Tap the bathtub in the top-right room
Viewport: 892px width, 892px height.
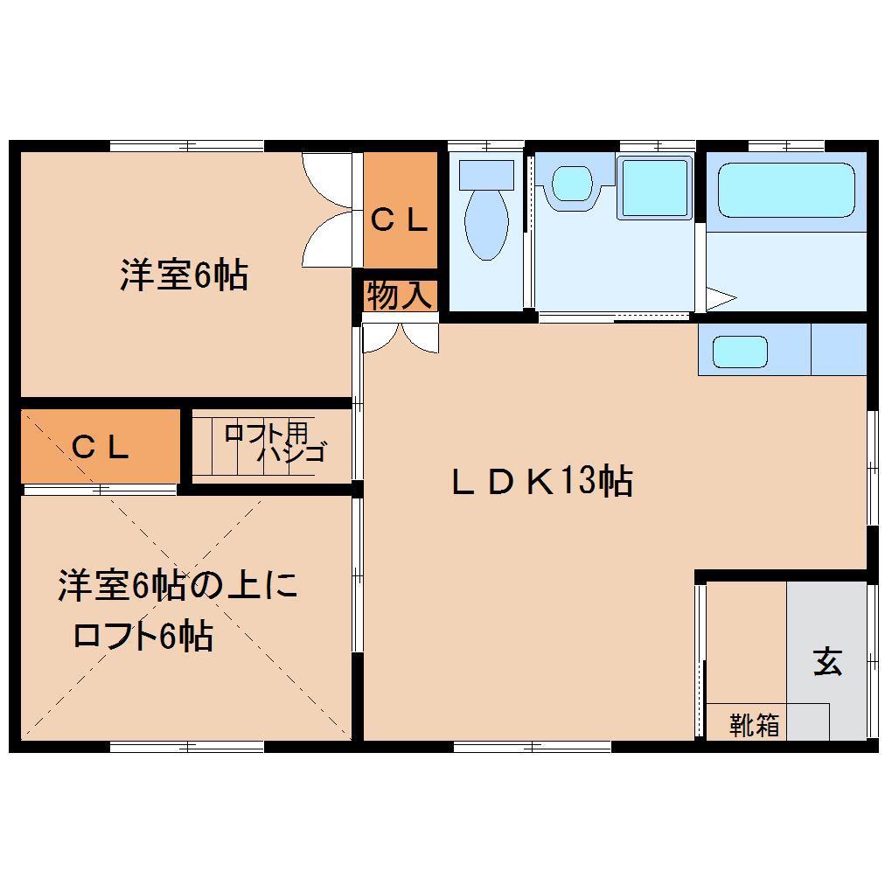tap(785, 191)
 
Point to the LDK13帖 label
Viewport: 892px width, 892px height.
tap(542, 482)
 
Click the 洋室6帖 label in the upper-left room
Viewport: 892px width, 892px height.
tap(184, 276)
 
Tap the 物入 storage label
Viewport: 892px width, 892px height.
tap(399, 296)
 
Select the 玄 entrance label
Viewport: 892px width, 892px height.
tap(827, 662)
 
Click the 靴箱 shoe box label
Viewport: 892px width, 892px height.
tap(754, 725)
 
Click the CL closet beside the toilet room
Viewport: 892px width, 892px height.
tap(400, 219)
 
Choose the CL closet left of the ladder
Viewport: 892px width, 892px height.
tap(101, 447)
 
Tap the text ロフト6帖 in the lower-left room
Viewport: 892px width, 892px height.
tap(143, 636)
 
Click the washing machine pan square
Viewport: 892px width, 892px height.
tap(655, 188)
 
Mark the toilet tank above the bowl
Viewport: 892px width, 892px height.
tap(486, 172)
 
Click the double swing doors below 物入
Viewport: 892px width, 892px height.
tap(401, 338)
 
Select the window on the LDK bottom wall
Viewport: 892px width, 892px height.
tap(532, 746)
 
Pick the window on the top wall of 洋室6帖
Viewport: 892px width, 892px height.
tap(187, 145)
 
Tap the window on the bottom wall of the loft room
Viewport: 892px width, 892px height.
tap(187, 746)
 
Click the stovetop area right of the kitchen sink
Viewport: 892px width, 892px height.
tap(838, 350)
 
